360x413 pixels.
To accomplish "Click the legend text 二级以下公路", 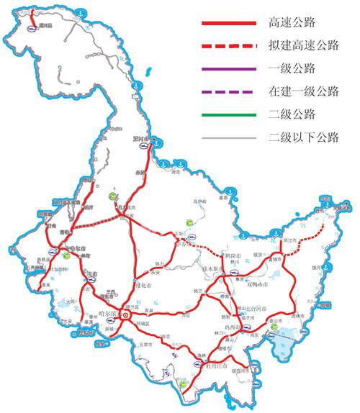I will click(x=302, y=137).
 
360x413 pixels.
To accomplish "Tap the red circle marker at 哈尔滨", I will click(x=125, y=314).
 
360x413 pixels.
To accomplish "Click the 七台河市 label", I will click(x=251, y=306).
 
